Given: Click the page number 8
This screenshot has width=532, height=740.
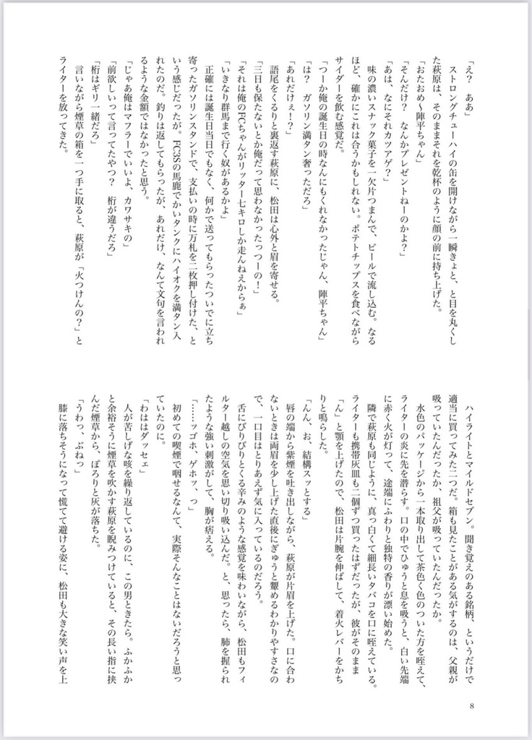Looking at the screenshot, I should [471, 707].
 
